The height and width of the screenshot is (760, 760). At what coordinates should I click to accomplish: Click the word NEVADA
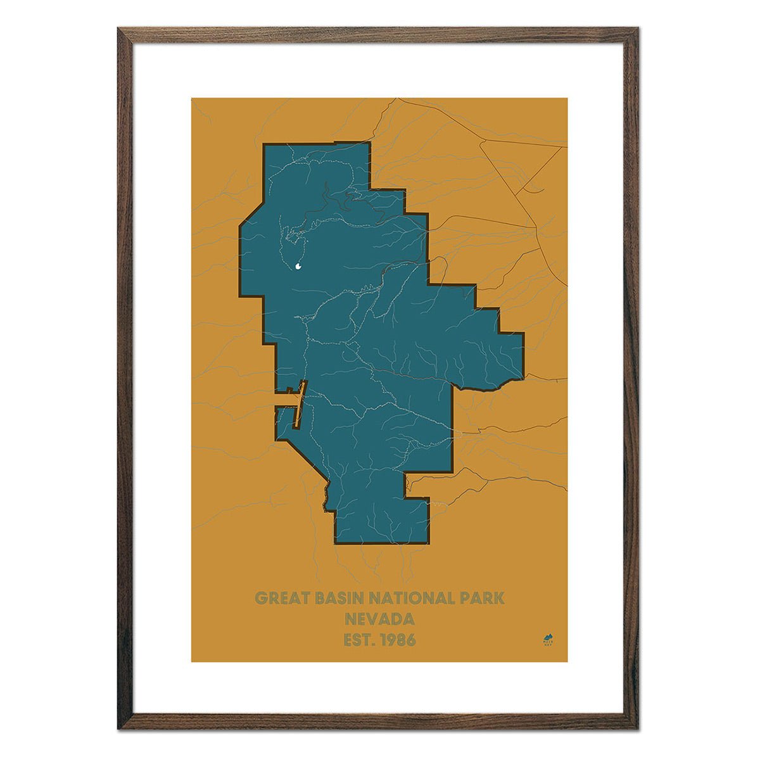point(379,619)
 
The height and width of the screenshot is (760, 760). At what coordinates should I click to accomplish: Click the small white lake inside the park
point(298,267)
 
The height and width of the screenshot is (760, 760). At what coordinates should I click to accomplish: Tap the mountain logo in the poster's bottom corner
point(548,638)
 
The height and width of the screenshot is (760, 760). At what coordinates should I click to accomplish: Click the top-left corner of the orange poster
point(193,99)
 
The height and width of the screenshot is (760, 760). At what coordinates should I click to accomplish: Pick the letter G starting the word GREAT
point(260,598)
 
